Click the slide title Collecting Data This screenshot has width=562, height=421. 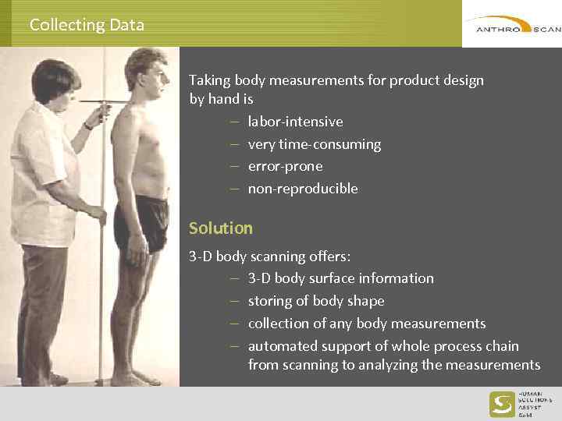point(87,25)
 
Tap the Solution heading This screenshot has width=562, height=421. point(221,228)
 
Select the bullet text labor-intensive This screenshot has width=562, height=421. point(295,122)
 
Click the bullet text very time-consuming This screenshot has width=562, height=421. point(314,144)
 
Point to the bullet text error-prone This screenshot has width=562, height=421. point(285,166)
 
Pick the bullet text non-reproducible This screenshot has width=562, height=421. point(303,189)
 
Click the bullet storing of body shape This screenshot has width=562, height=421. point(316,301)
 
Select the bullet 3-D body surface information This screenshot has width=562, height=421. point(340,278)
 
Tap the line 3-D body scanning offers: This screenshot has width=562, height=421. point(270,256)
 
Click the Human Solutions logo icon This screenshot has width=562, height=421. point(501,404)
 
